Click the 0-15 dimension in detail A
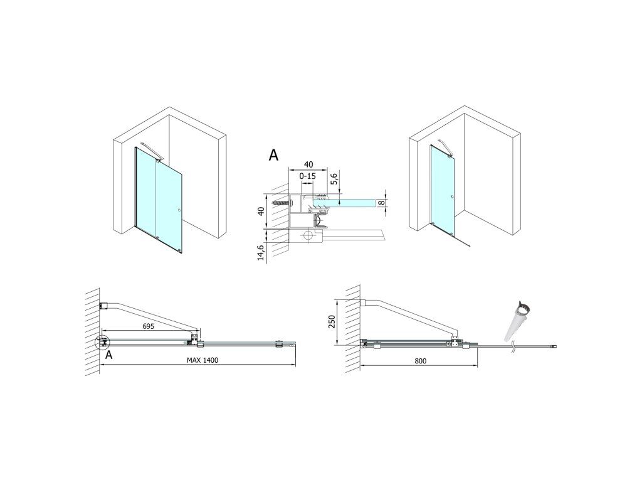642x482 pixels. tap(308, 177)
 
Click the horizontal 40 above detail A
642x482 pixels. tap(308, 164)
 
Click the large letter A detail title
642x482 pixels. tap(273, 156)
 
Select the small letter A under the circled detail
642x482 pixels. tap(109, 355)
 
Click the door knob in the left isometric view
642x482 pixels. tap(180, 210)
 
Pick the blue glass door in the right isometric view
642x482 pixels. tap(442, 188)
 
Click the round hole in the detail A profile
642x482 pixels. tap(308, 237)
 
